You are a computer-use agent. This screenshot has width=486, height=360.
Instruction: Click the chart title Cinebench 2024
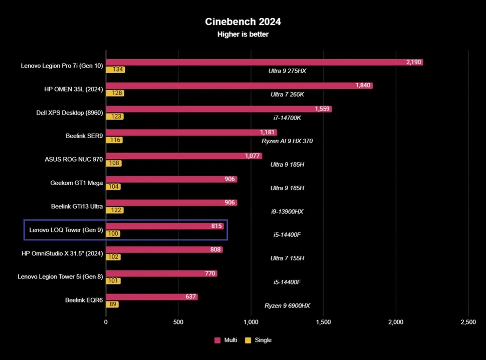[x=243, y=22]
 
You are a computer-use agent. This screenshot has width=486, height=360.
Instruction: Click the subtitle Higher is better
[x=243, y=34]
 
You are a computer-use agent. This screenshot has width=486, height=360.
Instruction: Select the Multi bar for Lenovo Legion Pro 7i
[x=264, y=62]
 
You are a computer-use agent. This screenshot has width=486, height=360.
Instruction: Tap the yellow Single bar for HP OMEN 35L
[x=115, y=93]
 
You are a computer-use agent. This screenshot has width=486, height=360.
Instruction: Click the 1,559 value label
[x=322, y=109]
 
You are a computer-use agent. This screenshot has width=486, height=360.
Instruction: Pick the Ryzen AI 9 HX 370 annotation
[x=287, y=141]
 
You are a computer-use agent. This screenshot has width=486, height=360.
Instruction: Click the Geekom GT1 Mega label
[x=76, y=183]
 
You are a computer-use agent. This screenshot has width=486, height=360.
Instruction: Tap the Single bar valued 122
[x=115, y=210]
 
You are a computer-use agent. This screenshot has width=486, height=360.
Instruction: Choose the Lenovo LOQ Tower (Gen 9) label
[x=66, y=230]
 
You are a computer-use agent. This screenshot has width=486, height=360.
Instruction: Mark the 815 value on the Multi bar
[x=216, y=226]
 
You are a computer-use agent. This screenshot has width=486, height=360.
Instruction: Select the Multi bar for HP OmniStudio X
[x=164, y=249]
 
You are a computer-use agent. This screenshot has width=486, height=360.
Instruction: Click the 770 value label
[x=210, y=273]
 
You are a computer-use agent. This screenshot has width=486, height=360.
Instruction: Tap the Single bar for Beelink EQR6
[x=112, y=304]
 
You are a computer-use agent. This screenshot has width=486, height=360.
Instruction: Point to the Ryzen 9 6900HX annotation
[x=287, y=305]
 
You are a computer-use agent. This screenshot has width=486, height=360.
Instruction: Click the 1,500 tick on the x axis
[x=323, y=322]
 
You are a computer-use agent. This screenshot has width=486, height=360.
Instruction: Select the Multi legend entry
[x=226, y=340]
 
